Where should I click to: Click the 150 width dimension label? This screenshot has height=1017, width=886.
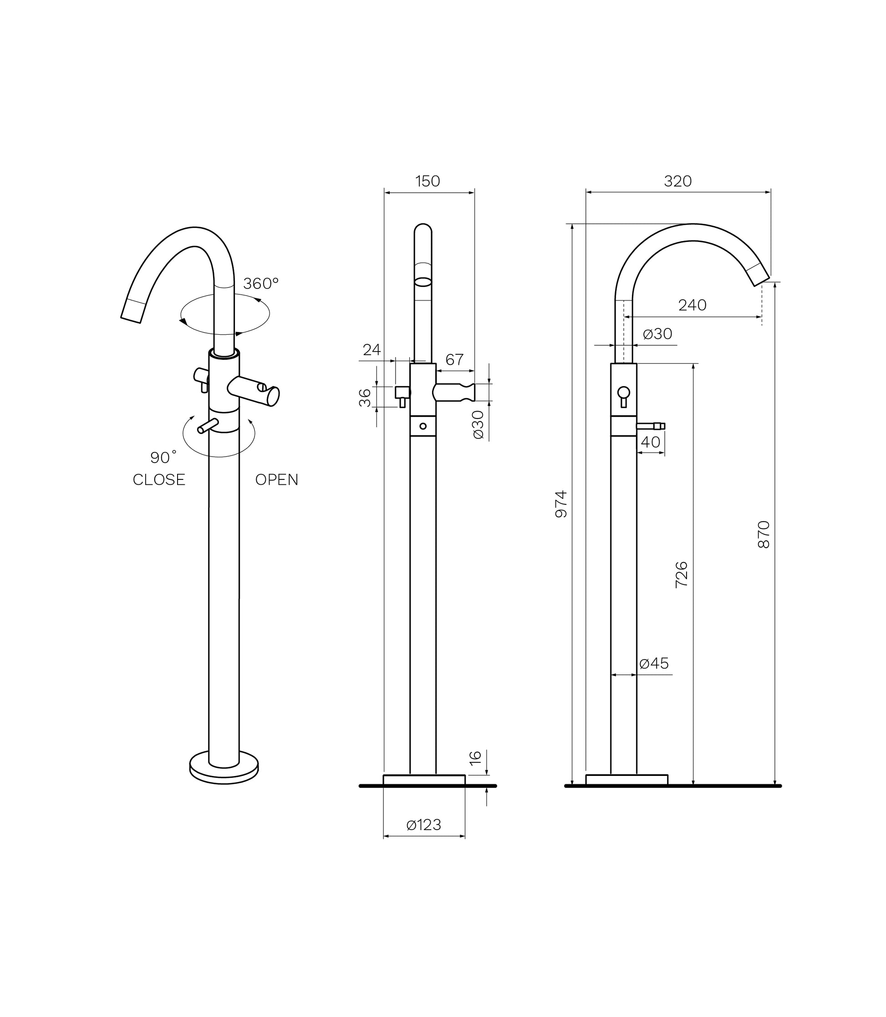tap(428, 181)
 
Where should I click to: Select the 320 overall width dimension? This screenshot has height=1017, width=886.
tap(677, 181)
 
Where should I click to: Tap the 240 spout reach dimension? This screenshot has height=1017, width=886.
tap(692, 305)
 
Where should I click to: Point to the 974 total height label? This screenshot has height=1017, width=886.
tap(561, 504)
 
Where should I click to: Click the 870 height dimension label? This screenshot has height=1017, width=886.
tap(764, 534)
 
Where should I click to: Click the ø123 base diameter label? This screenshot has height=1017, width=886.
tap(424, 825)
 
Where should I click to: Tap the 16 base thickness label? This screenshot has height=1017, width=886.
tap(475, 758)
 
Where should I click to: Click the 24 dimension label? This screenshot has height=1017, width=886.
tap(372, 350)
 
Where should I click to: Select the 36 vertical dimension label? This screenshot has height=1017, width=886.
tap(365, 398)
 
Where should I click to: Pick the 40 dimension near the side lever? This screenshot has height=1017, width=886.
tap(650, 442)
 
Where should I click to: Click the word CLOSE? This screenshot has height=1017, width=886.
tap(159, 479)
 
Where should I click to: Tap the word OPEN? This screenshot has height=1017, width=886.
tap(277, 479)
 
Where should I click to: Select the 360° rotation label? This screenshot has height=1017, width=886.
tap(261, 283)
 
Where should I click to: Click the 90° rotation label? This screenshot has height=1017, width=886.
tap(163, 458)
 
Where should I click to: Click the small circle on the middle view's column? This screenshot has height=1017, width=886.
tap(423, 426)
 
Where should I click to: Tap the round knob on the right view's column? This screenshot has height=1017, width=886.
tap(623, 392)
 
